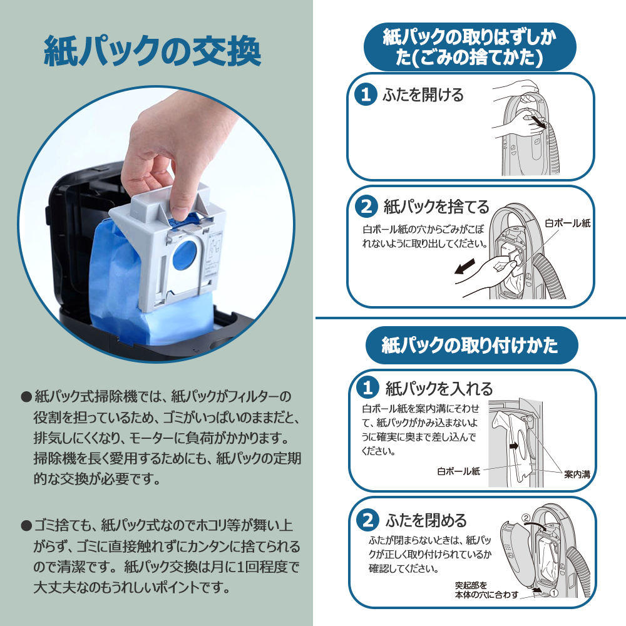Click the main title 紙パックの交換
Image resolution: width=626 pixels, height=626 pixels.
152,51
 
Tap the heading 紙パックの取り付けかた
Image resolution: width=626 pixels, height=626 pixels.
470,345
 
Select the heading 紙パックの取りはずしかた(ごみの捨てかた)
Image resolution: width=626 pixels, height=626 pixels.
469,47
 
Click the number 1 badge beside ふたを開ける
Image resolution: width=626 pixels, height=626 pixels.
366,95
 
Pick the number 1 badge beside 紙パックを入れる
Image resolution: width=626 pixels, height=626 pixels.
367,387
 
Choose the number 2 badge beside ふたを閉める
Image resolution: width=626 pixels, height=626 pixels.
367,520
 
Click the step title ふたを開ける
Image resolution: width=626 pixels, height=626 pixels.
423,95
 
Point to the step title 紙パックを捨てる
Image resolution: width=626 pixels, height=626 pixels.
436,207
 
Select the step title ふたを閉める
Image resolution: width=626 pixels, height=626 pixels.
426,520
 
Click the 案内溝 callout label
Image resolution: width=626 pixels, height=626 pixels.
577,475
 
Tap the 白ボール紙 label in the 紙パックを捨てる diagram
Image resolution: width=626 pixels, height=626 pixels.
567,223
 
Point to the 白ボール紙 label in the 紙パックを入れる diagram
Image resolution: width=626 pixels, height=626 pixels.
459,471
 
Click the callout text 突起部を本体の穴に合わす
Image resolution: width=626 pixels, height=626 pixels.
486,590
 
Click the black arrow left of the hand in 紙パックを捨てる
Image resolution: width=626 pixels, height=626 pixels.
464,266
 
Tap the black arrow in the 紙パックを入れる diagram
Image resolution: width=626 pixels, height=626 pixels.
515,445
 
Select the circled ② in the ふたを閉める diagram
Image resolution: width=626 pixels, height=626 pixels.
526,518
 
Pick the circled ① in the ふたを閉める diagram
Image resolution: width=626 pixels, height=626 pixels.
554,593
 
